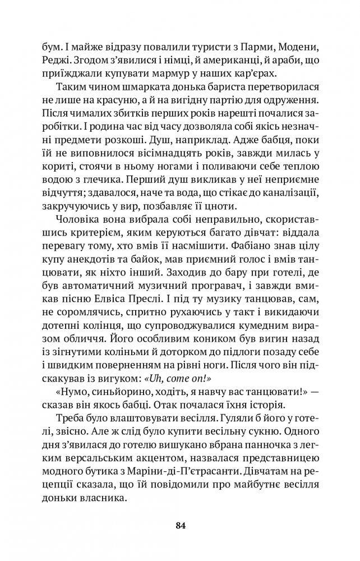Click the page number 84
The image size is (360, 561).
click(x=180, y=526)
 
